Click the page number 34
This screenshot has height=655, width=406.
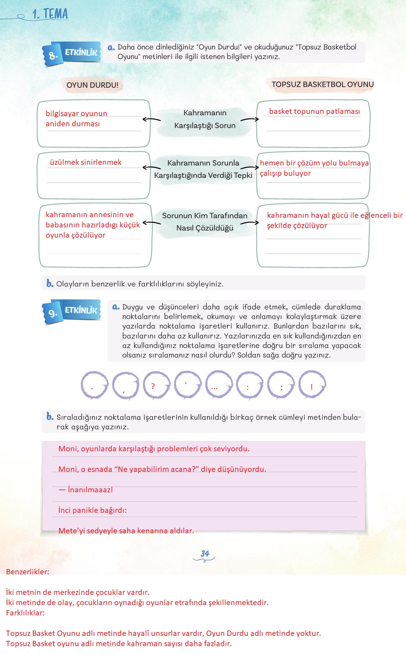pyautogui.click(x=205, y=553)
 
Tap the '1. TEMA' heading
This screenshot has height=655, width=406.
pyautogui.click(x=50, y=15)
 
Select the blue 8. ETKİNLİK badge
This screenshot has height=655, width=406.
pyautogui.click(x=72, y=54)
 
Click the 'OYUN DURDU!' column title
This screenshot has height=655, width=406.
pyautogui.click(x=93, y=85)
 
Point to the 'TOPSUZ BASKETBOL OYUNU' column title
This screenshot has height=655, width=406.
pyautogui.click(x=323, y=85)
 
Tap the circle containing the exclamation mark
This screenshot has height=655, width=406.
pyautogui.click(x=312, y=385)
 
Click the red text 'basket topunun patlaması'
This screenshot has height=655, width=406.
pyautogui.click(x=314, y=111)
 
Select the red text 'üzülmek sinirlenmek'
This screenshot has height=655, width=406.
pyautogui.click(x=86, y=162)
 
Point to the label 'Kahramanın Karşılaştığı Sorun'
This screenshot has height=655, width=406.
pyautogui.click(x=205, y=119)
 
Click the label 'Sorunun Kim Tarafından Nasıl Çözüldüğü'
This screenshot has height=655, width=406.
pyautogui.click(x=205, y=222)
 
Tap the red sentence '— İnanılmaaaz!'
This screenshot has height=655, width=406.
pyautogui.click(x=86, y=490)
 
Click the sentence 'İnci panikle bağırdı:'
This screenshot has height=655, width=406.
pyautogui.click(x=92, y=510)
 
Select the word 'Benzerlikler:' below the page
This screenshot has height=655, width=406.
pyautogui.click(x=28, y=572)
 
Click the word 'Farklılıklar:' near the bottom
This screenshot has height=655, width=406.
pyautogui.click(x=25, y=613)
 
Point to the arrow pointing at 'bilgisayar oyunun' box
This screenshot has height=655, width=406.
pyautogui.click(x=151, y=120)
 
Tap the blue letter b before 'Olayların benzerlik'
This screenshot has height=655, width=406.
pyautogui.click(x=50, y=283)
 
